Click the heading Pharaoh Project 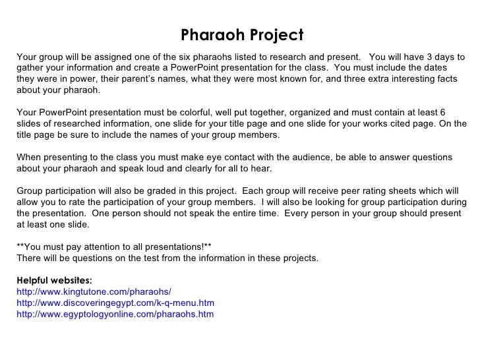(x=242, y=35)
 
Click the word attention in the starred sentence (x=104, y=247)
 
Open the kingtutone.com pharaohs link (x=94, y=292)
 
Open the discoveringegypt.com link (x=115, y=303)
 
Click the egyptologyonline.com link (x=115, y=315)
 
